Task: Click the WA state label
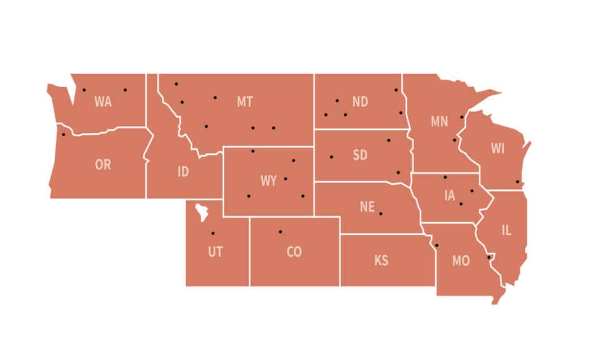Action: [103, 102]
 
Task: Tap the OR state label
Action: [103, 165]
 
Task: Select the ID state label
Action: [183, 171]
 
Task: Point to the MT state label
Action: [245, 102]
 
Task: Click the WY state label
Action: [269, 181]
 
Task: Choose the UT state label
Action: [215, 252]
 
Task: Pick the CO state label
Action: [294, 252]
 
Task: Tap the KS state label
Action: [381, 261]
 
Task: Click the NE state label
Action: [367, 207]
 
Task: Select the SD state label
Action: [360, 155]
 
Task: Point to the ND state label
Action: [360, 102]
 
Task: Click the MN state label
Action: [439, 121]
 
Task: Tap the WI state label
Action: [498, 149]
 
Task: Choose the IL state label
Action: [506, 230]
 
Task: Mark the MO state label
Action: [461, 261]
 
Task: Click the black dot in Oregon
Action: [63, 134]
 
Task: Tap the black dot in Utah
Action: [213, 233]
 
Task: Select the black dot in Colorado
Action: [280, 231]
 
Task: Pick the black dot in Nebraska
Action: [381, 214]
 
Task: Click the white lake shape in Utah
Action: [202, 213]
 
